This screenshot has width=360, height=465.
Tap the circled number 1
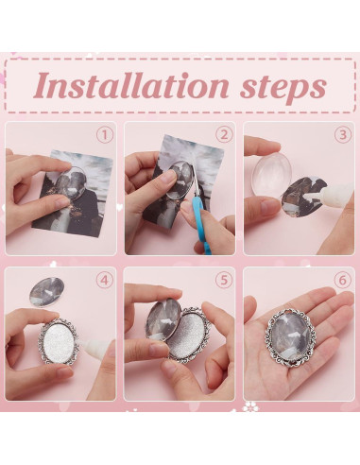pyautogui.click(x=105, y=134)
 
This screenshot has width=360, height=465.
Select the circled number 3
pyautogui.click(x=342, y=134)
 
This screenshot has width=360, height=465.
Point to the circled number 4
pyautogui.click(x=105, y=280)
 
